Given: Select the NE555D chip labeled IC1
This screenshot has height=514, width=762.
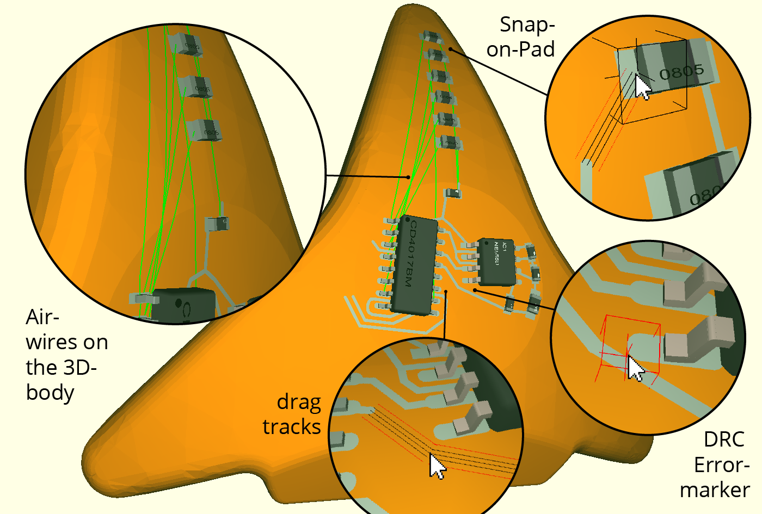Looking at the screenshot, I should pyautogui.click(x=496, y=262).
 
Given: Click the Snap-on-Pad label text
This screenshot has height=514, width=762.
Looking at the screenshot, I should pyautogui.click(x=521, y=37).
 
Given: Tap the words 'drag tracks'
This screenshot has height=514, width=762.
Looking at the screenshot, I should pyautogui.click(x=293, y=414).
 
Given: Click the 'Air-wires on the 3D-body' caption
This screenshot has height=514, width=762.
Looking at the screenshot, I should pyautogui.click(x=65, y=355).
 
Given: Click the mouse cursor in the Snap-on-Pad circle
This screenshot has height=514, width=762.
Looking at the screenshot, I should pyautogui.click(x=642, y=88).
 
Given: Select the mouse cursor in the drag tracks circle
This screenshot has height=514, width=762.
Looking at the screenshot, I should pyautogui.click(x=437, y=467).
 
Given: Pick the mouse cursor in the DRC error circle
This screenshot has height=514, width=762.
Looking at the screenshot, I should pyautogui.click(x=635, y=369).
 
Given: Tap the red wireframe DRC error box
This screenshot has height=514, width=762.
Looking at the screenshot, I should pyautogui.click(x=631, y=345).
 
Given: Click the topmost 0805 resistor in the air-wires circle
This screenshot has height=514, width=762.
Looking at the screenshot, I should pyautogui.click(x=185, y=44).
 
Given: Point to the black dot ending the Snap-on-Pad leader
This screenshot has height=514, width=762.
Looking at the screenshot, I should pyautogui.click(x=451, y=49).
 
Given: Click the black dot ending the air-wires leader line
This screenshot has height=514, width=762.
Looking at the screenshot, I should pyautogui.click(x=408, y=177).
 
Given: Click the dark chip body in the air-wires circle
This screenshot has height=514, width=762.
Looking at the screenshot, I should pyautogui.click(x=182, y=306).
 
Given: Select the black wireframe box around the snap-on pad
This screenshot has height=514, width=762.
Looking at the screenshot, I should pyautogui.click(x=653, y=82).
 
